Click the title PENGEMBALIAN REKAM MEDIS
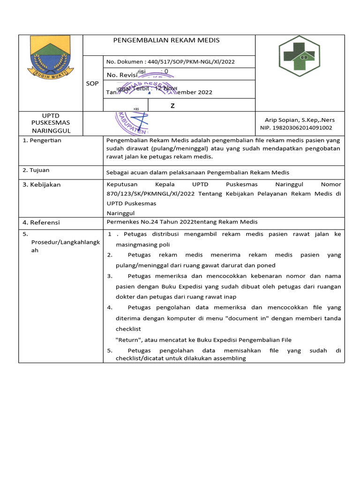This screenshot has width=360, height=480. coord(166,40)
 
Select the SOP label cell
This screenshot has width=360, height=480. coord(92,83)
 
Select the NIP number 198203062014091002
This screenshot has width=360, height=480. coord(303,127)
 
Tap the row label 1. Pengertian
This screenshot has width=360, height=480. coord(42,140)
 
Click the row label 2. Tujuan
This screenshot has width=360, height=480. coord(36,170)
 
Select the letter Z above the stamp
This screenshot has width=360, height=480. coord(172,105)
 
